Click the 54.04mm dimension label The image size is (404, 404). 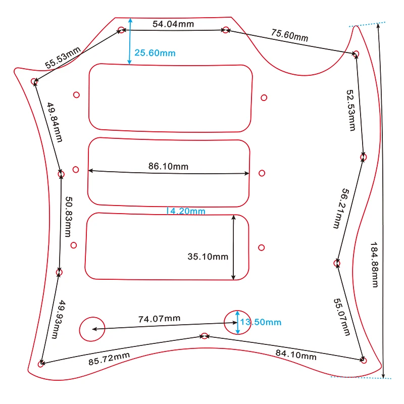(x=173, y=24)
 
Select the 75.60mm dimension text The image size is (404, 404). (x=289, y=36)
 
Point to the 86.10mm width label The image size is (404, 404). (x=168, y=166)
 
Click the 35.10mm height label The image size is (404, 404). (x=208, y=257)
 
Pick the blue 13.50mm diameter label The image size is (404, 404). (x=260, y=322)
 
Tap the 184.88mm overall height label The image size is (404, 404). (x=375, y=264)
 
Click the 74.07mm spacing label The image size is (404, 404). (x=160, y=319)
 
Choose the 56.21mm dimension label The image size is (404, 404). (x=339, y=209)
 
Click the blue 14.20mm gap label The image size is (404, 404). (x=186, y=211)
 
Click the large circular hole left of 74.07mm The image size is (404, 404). (x=92, y=329)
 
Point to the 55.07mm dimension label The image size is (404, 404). (x=341, y=317)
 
